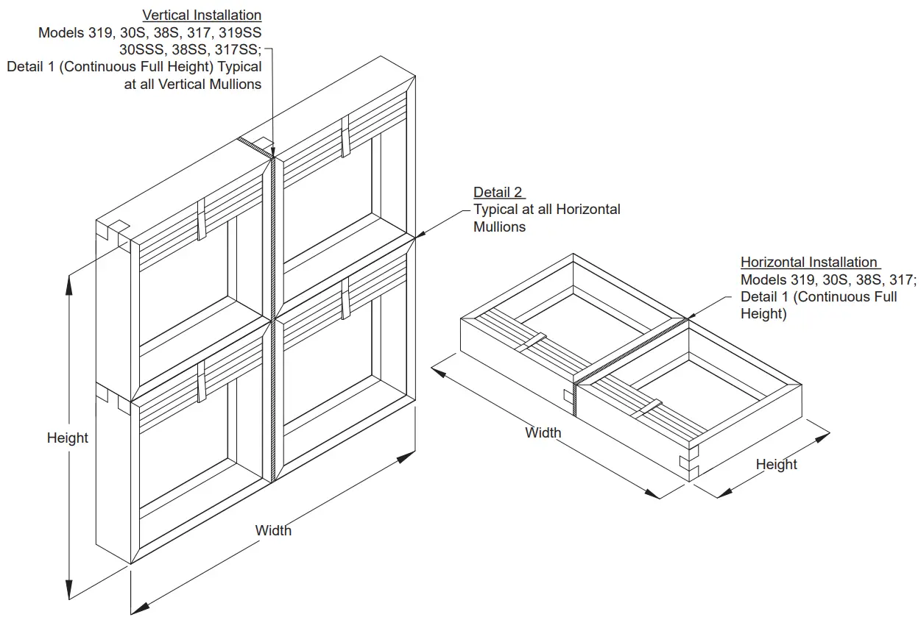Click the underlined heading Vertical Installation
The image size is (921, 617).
point(201,15)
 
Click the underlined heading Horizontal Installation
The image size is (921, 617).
point(808,263)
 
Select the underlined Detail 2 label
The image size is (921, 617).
point(498,193)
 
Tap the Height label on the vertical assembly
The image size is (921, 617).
point(67,438)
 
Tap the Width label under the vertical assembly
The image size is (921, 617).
point(273,530)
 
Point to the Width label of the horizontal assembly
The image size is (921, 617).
point(543,433)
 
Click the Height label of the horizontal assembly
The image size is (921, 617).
point(776,465)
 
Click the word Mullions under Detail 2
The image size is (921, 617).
point(499,227)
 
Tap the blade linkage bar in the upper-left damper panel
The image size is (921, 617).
point(201,218)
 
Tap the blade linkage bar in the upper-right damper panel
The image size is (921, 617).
point(344,136)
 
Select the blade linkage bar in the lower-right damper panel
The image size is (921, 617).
point(344,299)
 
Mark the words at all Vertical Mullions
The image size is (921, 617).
point(193,84)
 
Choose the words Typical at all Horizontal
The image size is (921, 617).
point(546,210)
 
